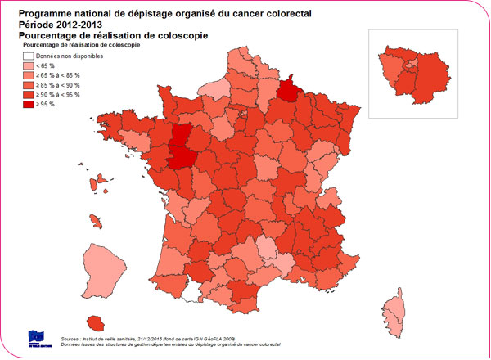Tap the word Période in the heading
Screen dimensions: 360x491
[x=35, y=25]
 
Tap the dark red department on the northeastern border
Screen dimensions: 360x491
[x=287, y=88]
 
